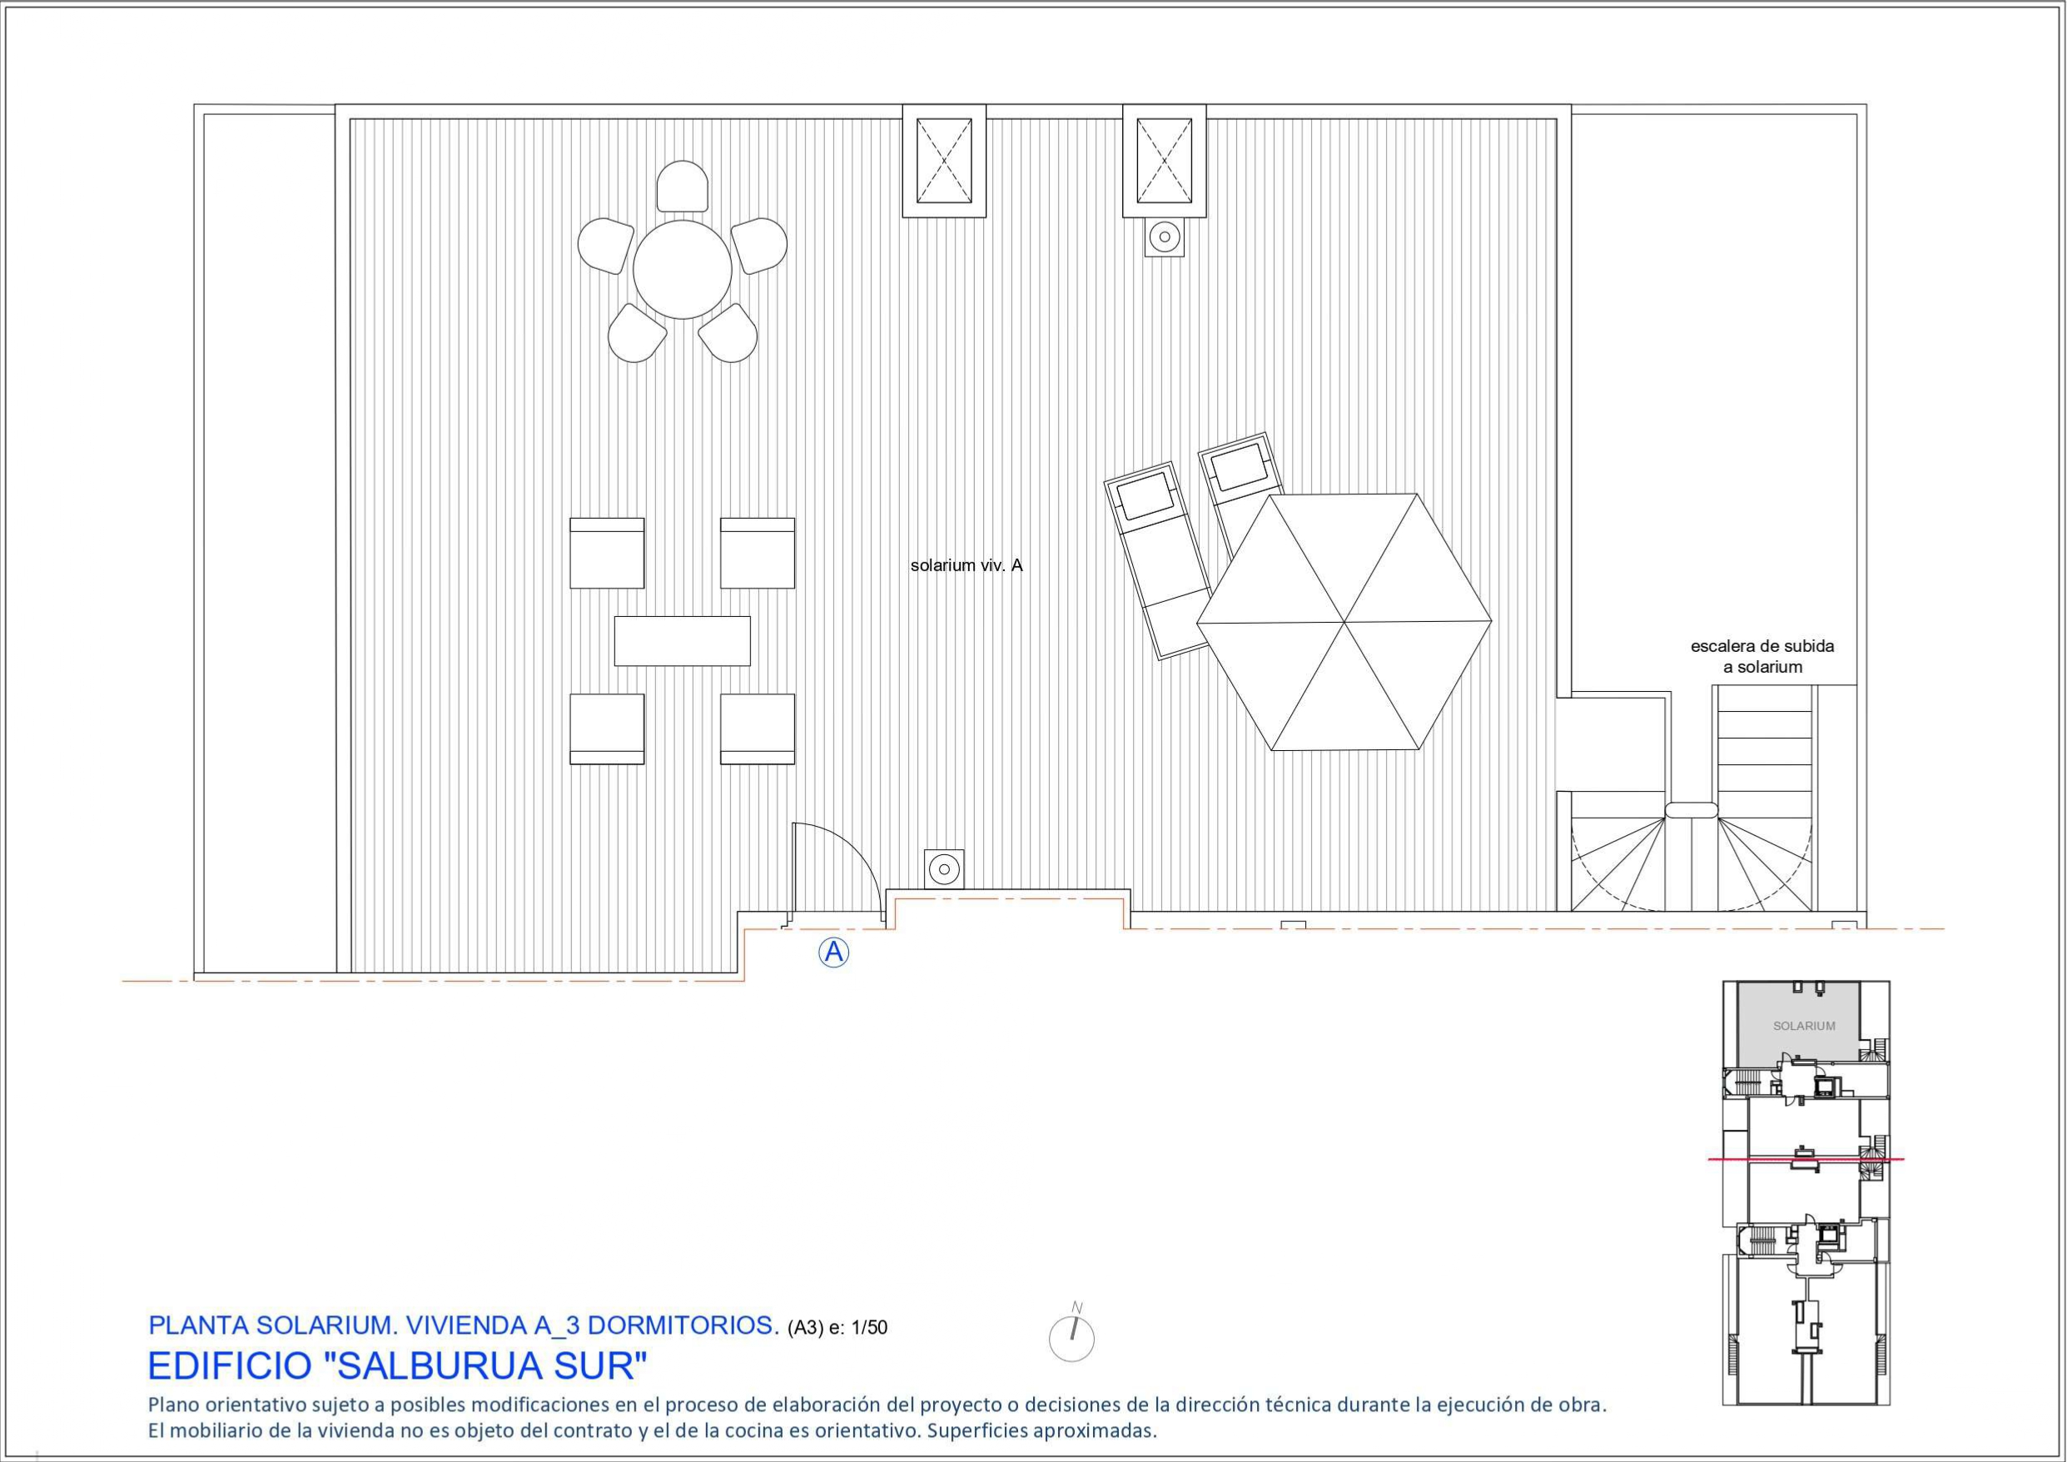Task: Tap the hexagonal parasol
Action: click(x=1344, y=622)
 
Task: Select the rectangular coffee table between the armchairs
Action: click(x=683, y=641)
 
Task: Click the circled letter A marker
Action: click(x=833, y=952)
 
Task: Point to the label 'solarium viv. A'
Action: click(x=966, y=566)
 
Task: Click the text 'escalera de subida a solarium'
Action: click(x=1761, y=656)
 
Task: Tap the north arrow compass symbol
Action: click(x=1072, y=1338)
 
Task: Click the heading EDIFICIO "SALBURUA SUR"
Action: click(x=397, y=1366)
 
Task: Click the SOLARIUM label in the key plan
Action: click(x=1803, y=1026)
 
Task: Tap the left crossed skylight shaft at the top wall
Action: click(x=943, y=162)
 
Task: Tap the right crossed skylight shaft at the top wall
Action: click(x=1164, y=162)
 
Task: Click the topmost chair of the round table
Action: click(x=683, y=186)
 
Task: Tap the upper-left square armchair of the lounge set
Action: click(x=607, y=552)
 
